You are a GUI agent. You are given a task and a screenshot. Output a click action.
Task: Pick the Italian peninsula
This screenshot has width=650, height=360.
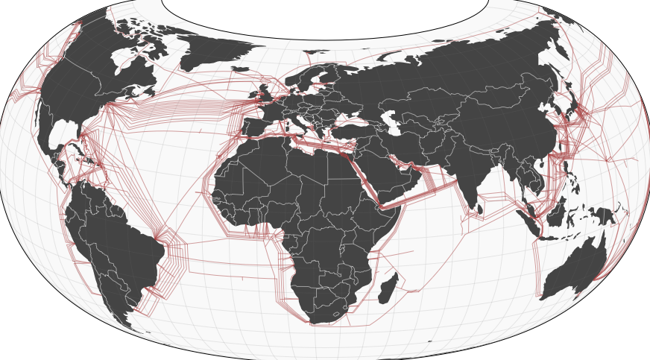point(303,119)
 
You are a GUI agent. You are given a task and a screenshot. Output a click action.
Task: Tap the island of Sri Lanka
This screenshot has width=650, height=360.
point(479,209)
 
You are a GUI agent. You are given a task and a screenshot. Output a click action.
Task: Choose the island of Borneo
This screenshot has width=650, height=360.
point(555,211)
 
